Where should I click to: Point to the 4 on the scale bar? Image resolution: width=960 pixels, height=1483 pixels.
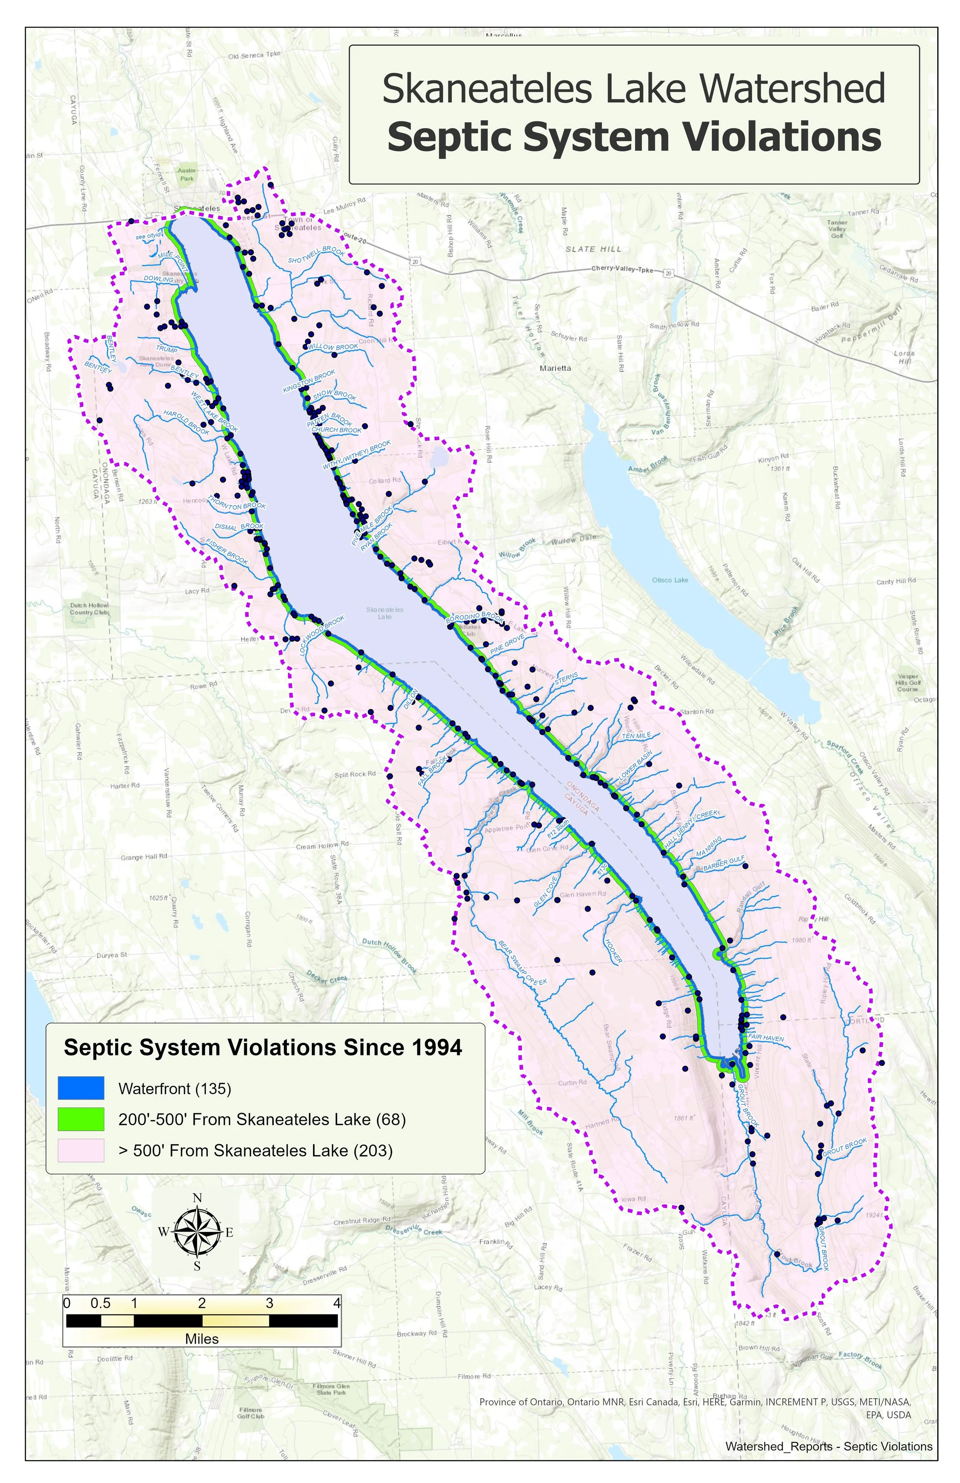click(337, 1303)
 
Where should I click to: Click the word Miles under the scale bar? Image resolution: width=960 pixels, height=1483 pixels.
click(202, 1338)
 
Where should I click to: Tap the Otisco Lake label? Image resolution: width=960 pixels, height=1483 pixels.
click(670, 580)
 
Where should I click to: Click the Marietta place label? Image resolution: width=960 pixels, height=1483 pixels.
click(555, 368)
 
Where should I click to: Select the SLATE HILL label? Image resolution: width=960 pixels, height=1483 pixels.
click(593, 249)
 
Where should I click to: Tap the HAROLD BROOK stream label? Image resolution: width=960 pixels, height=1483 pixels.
click(186, 423)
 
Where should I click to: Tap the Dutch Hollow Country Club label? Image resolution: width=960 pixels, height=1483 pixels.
click(89, 609)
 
